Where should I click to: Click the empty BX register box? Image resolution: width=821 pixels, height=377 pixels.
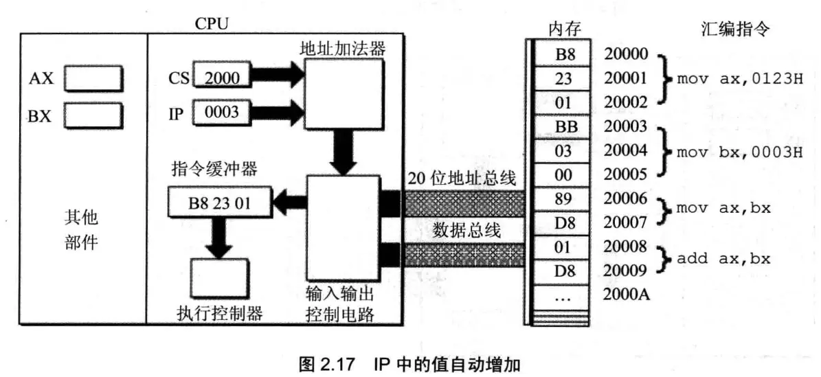[94, 114]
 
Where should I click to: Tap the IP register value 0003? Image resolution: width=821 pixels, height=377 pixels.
[222, 111]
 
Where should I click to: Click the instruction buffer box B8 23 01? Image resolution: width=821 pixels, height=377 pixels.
[220, 202]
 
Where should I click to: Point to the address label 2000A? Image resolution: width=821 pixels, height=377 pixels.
[626, 295]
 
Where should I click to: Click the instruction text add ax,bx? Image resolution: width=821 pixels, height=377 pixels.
[723, 258]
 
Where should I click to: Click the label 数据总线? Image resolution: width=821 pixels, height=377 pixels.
[466, 231]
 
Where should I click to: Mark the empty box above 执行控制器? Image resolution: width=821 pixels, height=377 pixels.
[219, 278]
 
